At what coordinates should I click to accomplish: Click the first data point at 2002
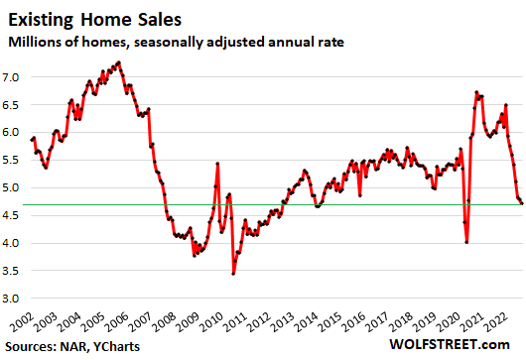(32, 139)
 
